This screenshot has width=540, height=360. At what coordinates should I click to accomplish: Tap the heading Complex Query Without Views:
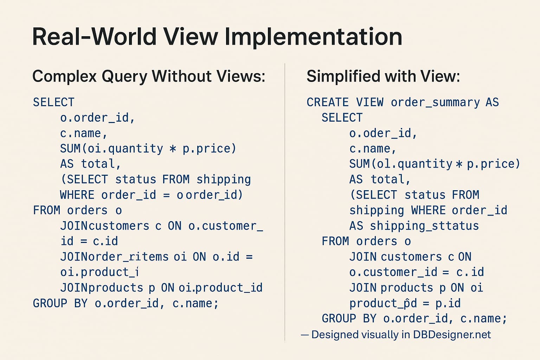(149, 76)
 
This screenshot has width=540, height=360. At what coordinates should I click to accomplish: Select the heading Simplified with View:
(383, 76)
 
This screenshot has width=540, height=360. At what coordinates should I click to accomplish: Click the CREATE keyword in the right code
(327, 102)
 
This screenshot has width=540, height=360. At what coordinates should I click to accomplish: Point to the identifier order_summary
(435, 102)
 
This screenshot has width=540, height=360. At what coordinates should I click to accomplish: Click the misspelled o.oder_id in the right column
(383, 133)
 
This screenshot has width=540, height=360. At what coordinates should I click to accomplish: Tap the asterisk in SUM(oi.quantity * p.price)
(173, 149)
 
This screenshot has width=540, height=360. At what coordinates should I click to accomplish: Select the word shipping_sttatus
(424, 226)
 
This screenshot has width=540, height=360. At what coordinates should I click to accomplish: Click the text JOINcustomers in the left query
(105, 226)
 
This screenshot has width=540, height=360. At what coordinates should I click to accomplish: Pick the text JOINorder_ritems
(114, 257)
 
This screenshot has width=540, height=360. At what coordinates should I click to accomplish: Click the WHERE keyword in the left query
(77, 195)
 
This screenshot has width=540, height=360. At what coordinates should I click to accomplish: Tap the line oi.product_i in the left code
(99, 272)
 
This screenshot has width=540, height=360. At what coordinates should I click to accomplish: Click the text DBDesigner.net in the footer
(452, 334)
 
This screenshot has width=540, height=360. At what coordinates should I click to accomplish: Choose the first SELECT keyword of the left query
(53, 102)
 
